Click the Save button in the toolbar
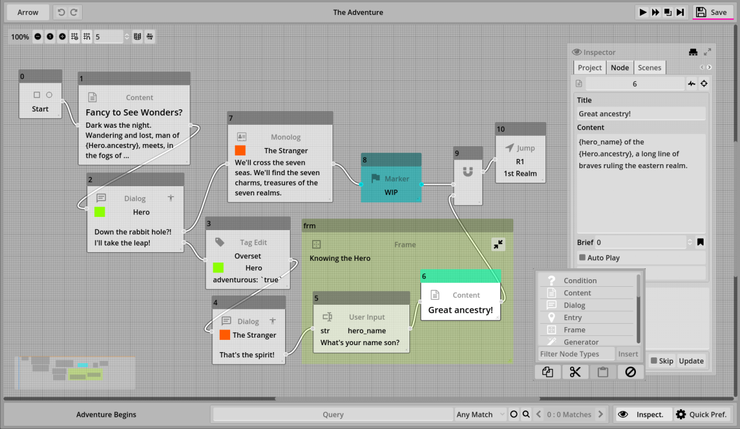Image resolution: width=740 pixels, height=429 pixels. point(712,12)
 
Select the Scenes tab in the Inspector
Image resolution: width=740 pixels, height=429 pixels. point(649,68)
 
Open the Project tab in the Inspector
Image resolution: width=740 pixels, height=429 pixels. point(590,68)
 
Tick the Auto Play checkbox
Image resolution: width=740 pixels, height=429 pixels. point(582,257)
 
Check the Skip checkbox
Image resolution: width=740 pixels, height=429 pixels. point(653,361)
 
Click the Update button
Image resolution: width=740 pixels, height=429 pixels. point(691,361)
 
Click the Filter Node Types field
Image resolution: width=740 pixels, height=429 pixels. point(576,354)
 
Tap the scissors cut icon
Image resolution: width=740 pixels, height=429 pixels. point(575,372)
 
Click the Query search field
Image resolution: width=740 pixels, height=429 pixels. point(333,415)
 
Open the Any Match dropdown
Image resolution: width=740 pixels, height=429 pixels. point(480,415)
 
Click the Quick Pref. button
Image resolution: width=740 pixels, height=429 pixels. point(701,415)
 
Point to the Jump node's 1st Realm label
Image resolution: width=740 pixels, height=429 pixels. point(520,173)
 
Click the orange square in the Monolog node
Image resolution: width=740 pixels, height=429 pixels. point(240,150)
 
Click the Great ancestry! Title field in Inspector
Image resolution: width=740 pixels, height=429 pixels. point(641,114)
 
